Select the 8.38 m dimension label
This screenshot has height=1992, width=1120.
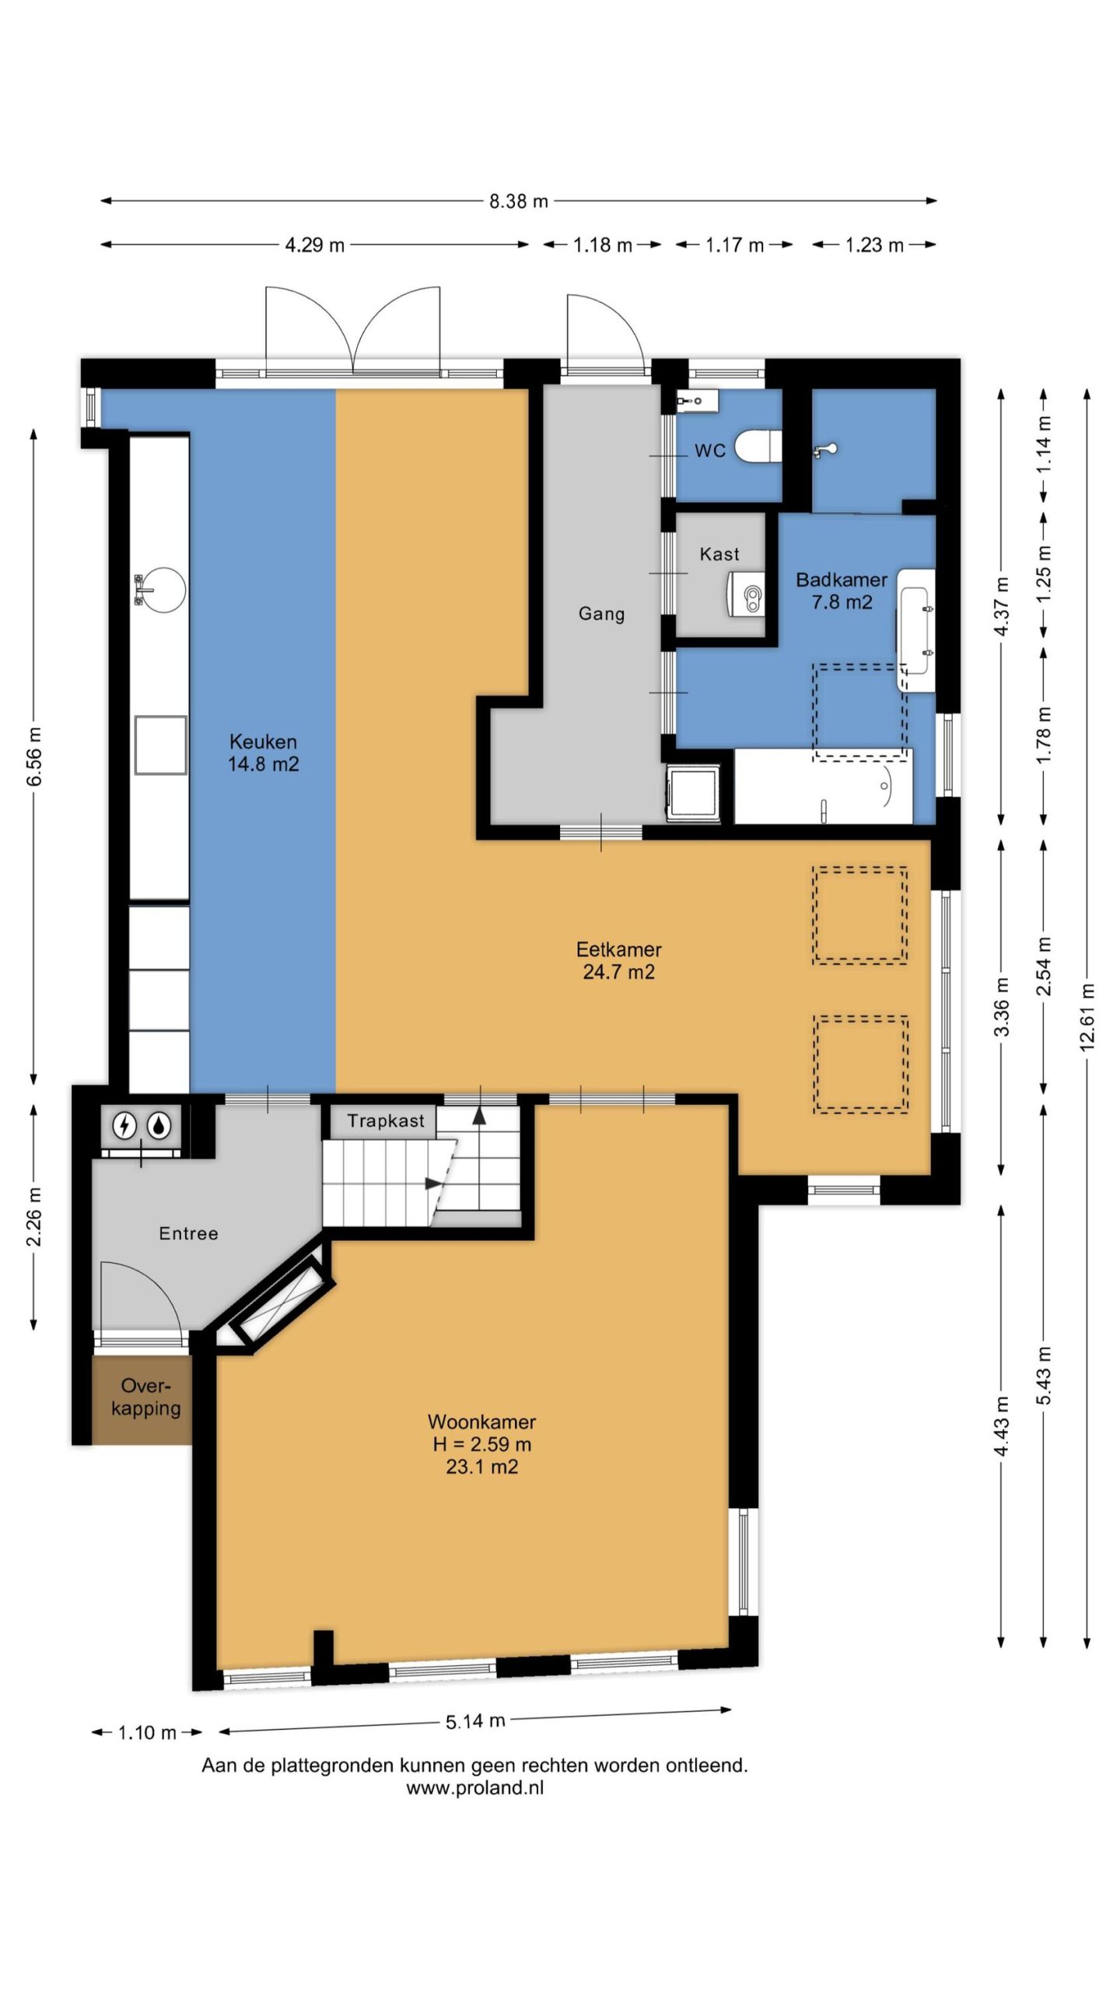519,202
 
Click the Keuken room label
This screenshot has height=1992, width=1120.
263,752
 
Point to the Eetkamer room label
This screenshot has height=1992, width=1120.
619,960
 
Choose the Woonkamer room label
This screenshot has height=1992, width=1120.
482,1444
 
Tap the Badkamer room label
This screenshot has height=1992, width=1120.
842,591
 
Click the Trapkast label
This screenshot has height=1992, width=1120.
386,1121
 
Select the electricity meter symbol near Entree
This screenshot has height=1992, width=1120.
124,1125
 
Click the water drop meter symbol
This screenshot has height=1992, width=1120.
159,1125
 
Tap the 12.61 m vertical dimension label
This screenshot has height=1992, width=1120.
1087,1017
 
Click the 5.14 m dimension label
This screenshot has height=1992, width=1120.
475,1720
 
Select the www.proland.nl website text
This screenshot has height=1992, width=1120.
474,1787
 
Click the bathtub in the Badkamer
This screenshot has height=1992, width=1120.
823,786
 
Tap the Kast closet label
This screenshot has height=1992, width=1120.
719,554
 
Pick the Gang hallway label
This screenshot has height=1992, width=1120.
601,614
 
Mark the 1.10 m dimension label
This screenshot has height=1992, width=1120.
147,1732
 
